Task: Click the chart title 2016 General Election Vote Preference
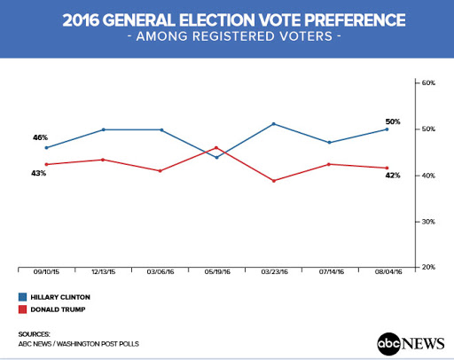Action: point(234,20)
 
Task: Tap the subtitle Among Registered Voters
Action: point(234,36)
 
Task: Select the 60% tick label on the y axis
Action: point(428,83)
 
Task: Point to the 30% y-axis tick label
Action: point(428,222)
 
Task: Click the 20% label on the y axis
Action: point(428,267)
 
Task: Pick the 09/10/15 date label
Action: point(46,271)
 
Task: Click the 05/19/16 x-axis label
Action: point(217,271)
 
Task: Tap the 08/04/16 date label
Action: point(388,271)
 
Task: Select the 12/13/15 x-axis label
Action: point(104,271)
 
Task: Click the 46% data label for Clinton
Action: point(40,137)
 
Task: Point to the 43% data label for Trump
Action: point(39,173)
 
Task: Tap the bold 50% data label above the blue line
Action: point(393,121)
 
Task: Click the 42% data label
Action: point(393,176)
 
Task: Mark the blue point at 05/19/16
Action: point(217,158)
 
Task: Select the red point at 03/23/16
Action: point(274,181)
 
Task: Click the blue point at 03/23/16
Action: point(274,124)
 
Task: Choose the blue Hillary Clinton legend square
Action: point(22,297)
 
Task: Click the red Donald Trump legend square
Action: point(22,309)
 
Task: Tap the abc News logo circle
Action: point(388,344)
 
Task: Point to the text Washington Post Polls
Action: point(98,344)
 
